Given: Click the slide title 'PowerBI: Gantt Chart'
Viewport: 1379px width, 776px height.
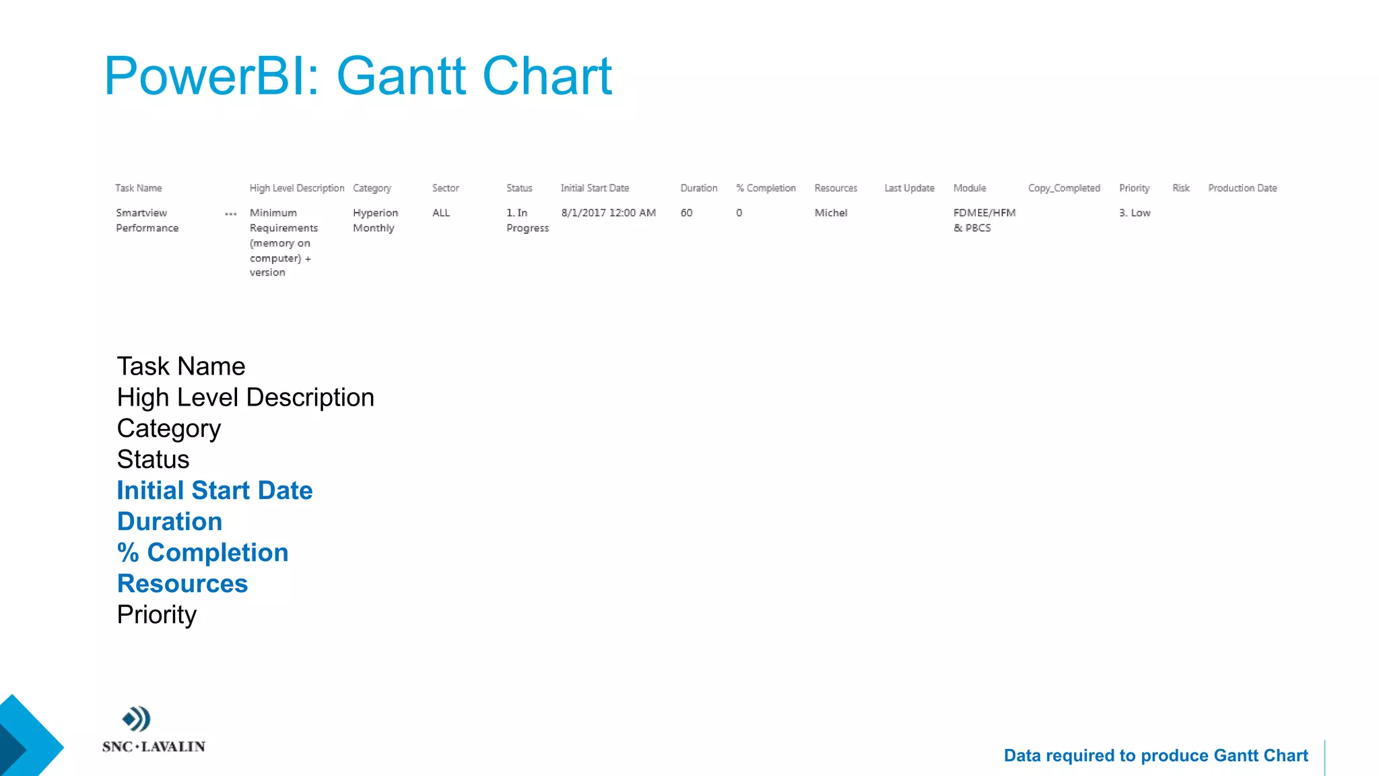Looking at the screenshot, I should tap(358, 76).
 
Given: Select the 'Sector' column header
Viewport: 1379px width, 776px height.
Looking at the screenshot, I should tap(445, 188).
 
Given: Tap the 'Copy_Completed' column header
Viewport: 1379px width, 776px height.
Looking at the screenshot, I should tap(1063, 188).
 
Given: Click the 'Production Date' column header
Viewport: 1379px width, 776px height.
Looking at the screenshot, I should tap(1242, 188).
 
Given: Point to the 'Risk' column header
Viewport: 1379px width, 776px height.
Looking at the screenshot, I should tap(1180, 188).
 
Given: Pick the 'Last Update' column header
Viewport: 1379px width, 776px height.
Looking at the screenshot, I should tap(909, 188).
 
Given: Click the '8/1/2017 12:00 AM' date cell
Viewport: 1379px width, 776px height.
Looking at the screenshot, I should tap(608, 213).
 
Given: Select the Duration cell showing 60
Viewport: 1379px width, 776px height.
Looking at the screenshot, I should tap(686, 213).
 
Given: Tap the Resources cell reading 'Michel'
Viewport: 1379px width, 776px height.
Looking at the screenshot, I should tap(830, 213).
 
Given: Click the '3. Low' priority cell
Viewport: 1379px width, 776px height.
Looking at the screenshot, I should tap(1135, 213).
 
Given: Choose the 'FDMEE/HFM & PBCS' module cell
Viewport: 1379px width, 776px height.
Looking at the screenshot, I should tap(984, 220).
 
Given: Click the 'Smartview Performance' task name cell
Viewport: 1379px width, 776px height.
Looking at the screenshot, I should tap(147, 220).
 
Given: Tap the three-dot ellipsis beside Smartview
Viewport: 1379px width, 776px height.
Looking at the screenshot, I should tap(230, 214).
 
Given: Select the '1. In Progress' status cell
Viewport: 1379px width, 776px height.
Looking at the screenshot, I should tap(527, 220).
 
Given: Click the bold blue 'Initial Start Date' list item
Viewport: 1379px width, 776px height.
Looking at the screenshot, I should tap(215, 490).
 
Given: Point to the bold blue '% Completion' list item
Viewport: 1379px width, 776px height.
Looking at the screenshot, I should tap(203, 552).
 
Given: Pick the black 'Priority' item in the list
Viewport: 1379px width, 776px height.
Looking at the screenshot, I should tap(157, 614).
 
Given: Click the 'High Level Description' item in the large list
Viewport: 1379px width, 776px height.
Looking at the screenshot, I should tap(245, 397).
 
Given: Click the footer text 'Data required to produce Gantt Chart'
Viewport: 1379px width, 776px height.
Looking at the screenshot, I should tap(1155, 756).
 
